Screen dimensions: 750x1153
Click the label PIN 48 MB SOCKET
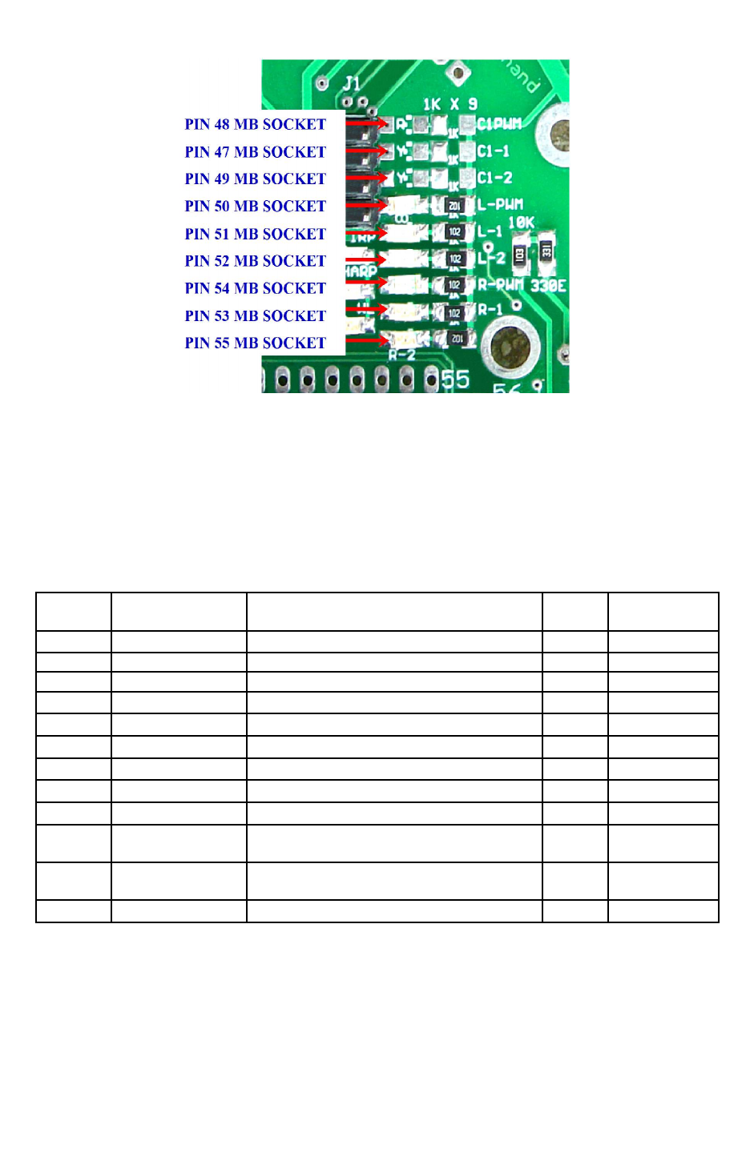255,124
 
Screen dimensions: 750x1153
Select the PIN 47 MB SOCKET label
255,151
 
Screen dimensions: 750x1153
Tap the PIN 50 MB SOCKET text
255,206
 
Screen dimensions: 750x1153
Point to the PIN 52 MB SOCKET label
255,261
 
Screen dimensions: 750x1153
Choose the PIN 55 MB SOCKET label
255,343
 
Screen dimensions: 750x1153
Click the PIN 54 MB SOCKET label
255,288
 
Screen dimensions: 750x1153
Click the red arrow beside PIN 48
367,124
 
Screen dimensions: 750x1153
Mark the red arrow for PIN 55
367,341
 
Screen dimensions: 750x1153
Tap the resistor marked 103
519,255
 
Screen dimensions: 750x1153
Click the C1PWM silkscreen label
499,124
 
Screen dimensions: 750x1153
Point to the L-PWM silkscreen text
500,205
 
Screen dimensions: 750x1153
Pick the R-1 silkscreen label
490,309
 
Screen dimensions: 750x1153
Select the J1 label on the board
352,83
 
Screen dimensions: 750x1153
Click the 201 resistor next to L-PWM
454,206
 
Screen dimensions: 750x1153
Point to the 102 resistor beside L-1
454,232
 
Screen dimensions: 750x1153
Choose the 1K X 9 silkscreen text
450,104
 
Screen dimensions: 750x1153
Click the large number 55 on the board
455,379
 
